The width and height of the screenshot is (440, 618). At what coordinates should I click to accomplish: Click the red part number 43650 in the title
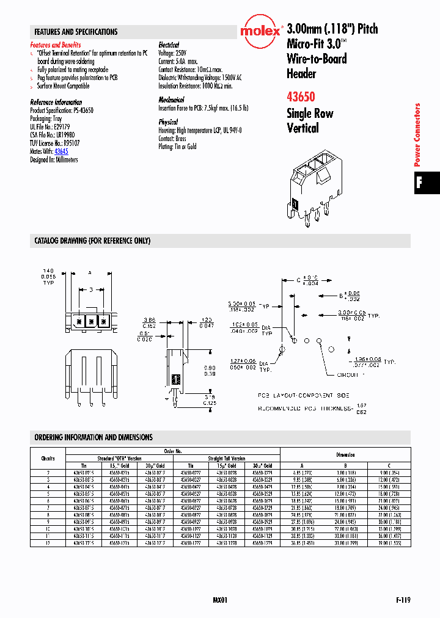[301, 96]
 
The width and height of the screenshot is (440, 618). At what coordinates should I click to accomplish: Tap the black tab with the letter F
[420, 182]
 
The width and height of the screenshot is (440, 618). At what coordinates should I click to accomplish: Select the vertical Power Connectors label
[418, 135]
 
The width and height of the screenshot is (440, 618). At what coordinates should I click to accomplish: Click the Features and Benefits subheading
[56, 45]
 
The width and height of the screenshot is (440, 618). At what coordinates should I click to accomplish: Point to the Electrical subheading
[169, 45]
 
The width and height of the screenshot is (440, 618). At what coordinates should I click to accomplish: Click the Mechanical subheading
[171, 100]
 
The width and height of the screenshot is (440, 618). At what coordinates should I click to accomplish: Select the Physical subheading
[168, 122]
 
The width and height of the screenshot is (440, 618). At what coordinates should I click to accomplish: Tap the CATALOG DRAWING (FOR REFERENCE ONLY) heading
[92, 241]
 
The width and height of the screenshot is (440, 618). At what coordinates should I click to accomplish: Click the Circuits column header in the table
[48, 458]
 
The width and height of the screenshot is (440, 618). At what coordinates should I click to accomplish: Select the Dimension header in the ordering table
[345, 454]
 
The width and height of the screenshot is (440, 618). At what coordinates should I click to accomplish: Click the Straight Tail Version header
[226, 458]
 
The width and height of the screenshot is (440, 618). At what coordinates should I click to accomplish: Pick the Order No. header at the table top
[173, 451]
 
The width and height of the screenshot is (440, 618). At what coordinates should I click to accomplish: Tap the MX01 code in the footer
[220, 600]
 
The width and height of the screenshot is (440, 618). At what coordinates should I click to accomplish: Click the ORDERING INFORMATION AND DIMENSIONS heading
[94, 437]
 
